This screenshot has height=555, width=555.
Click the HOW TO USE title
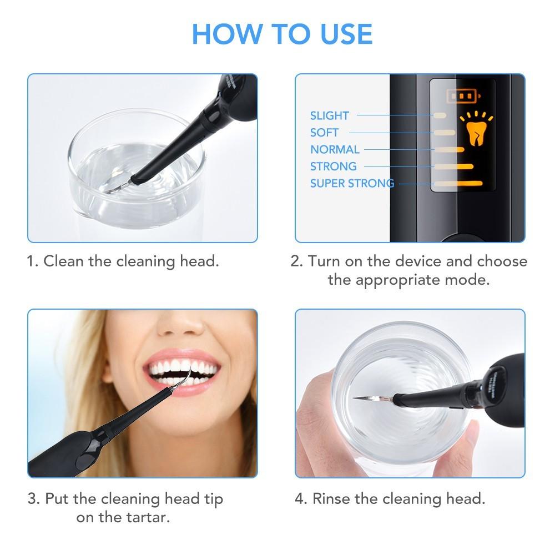pos(282,34)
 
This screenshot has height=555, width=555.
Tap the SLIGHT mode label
pos(330,115)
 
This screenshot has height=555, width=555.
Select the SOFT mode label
pos(324,133)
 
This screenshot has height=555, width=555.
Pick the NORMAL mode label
pos(335,149)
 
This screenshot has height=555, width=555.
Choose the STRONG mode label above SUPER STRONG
pos(333,167)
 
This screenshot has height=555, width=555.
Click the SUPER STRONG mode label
pos(352,183)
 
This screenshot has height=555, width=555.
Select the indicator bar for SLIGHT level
pos(440,115)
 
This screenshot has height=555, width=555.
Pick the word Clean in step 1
pos(61,261)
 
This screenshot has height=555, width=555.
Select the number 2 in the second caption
pos(295,261)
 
